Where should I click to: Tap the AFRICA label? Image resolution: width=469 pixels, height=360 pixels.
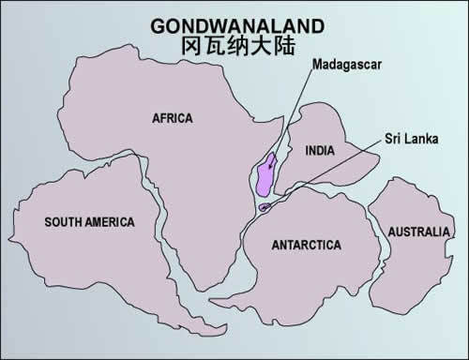click(x=173, y=118)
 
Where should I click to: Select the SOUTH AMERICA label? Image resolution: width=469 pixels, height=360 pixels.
click(x=90, y=222)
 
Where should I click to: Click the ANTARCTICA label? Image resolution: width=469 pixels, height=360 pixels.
click(x=306, y=246)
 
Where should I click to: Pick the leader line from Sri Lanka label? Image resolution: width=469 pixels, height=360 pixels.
click(x=328, y=173)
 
